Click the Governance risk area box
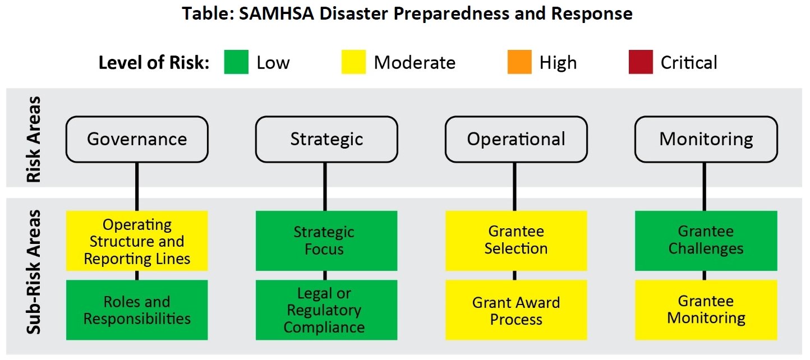(x=137, y=139)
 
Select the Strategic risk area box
(x=326, y=139)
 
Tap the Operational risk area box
(x=516, y=139)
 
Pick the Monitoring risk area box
(x=706, y=139)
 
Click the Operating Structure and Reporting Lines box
(x=137, y=241)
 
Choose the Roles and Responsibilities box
(x=137, y=310)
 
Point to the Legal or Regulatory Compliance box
(x=326, y=310)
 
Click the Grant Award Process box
(x=516, y=310)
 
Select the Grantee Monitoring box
(x=706, y=310)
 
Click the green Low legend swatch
(x=236, y=62)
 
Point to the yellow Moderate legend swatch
(x=353, y=62)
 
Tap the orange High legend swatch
(x=519, y=62)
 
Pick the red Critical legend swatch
(x=641, y=62)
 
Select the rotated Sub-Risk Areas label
(x=35, y=272)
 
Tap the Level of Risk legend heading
(x=154, y=63)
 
